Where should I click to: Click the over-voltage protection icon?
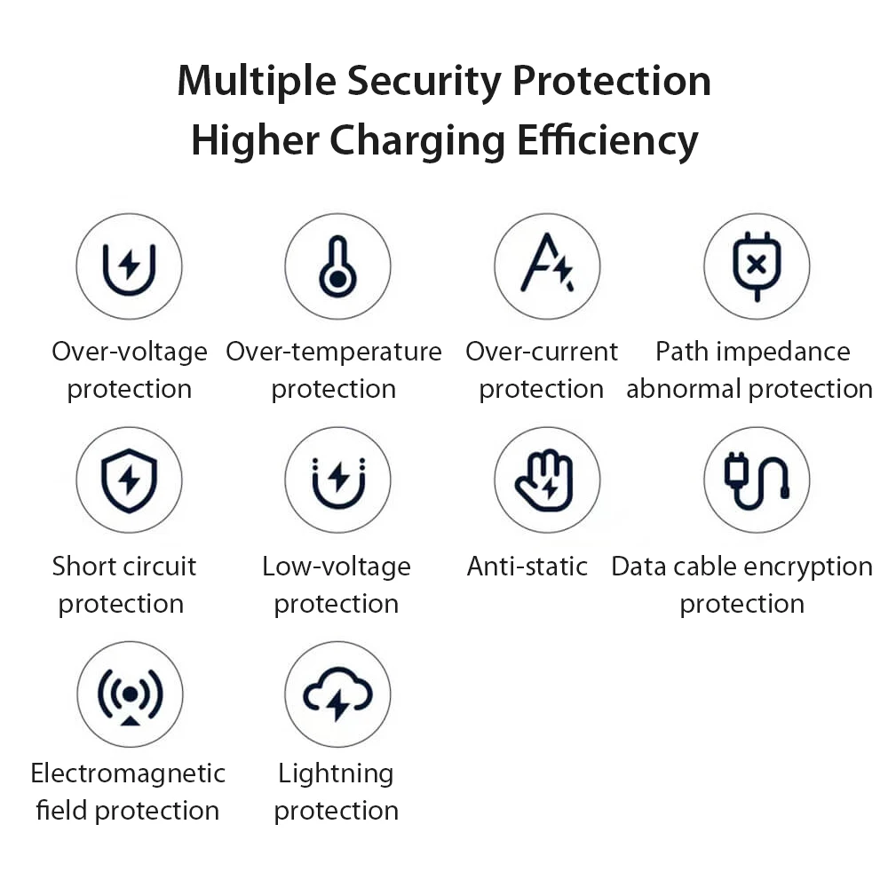[x=129, y=266]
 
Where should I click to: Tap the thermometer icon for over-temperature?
[x=337, y=266]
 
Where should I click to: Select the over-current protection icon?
[x=547, y=266]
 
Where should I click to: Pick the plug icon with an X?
[x=756, y=266]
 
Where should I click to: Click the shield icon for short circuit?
[x=129, y=480]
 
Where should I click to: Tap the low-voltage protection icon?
[x=337, y=480]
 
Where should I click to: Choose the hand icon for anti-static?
[x=547, y=480]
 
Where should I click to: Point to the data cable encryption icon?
[x=756, y=480]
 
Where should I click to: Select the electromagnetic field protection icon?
[x=129, y=694]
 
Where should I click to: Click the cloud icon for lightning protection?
[x=337, y=694]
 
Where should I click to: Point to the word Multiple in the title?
[x=257, y=82]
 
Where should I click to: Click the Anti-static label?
[x=527, y=567]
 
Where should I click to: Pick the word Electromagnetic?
[x=128, y=773]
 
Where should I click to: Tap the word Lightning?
[x=336, y=774]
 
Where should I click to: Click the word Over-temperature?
[x=334, y=353]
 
